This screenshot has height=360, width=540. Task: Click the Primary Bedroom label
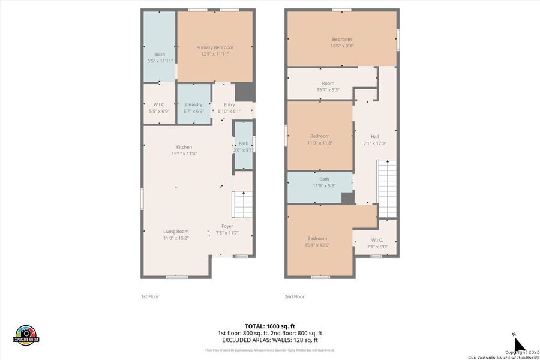(215, 47)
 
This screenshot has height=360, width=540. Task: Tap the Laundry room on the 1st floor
(194, 105)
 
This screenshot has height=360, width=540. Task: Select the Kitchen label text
(184, 147)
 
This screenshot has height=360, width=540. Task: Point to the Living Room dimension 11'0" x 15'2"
(176, 238)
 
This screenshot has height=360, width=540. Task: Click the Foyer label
(227, 226)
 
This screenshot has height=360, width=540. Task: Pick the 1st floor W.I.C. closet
(159, 105)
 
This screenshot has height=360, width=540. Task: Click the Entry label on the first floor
(229, 105)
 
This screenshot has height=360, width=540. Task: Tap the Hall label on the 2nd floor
(374, 136)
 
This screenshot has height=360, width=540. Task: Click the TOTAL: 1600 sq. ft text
(269, 325)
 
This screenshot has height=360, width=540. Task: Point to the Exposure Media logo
(26, 335)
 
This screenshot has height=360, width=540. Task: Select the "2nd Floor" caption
(295, 296)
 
